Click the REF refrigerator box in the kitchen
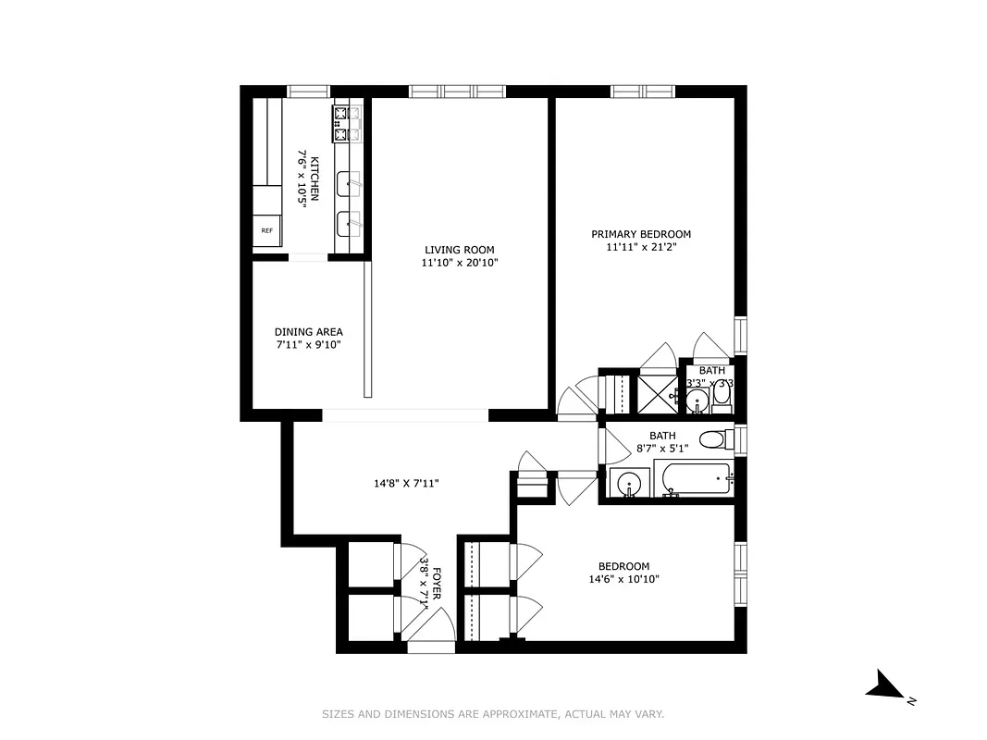(x=267, y=230)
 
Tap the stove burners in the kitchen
(x=347, y=124)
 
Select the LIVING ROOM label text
(x=459, y=250)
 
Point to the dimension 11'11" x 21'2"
(x=641, y=248)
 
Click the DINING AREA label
(x=308, y=332)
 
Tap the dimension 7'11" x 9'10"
(x=308, y=346)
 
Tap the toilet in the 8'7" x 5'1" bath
(x=714, y=438)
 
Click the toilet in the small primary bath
(x=722, y=399)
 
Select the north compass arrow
(x=887, y=687)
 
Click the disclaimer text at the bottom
(x=493, y=714)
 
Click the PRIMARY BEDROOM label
(x=641, y=234)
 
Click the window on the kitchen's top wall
(x=309, y=91)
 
